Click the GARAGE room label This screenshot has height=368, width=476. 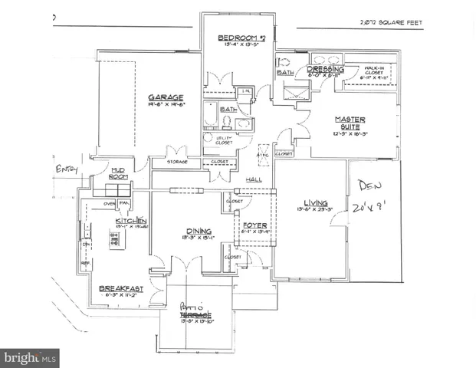(x=166, y=97)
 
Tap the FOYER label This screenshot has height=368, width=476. (x=254, y=225)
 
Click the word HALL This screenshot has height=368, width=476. (x=254, y=179)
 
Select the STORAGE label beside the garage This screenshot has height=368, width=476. (x=177, y=162)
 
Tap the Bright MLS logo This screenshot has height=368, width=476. (x=31, y=356)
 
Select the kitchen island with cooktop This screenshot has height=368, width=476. (x=117, y=242)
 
